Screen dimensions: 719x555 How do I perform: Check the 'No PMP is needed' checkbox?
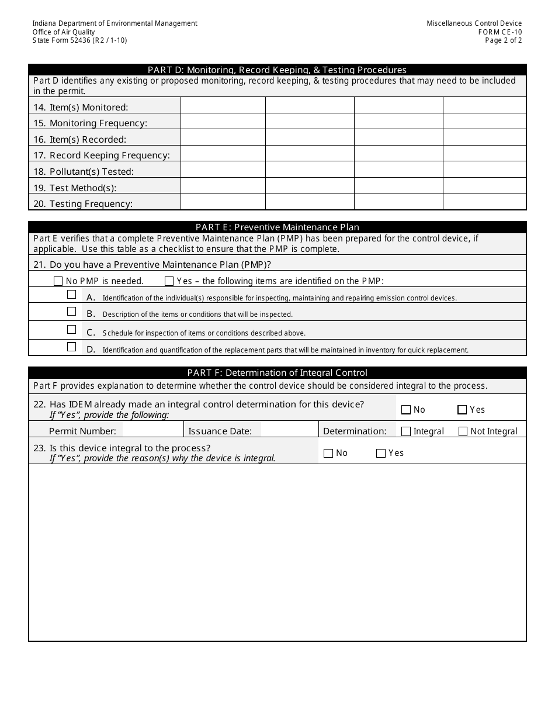(58, 281)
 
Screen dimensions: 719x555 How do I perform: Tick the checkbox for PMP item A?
(72, 295)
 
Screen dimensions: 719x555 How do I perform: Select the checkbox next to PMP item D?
(72, 347)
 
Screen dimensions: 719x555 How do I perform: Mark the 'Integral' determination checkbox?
(406, 431)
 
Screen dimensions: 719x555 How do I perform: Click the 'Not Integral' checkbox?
(463, 431)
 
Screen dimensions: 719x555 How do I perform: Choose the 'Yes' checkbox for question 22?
(462, 410)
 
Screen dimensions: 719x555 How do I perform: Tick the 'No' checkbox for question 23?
(328, 453)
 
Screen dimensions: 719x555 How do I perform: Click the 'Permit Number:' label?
(82, 431)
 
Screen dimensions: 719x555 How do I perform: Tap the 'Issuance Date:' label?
(220, 431)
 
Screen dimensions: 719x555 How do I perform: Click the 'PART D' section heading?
(277, 70)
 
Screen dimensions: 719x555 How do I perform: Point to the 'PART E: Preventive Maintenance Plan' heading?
(277, 227)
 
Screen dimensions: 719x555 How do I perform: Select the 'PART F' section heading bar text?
(277, 372)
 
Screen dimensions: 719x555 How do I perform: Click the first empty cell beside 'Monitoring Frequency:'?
(223, 122)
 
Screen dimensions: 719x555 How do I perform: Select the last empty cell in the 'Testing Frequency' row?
(484, 202)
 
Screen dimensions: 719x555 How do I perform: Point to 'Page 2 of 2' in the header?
(503, 41)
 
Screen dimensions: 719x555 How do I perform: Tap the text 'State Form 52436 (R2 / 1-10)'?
(79, 41)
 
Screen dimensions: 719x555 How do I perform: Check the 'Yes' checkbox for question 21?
(169, 281)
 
